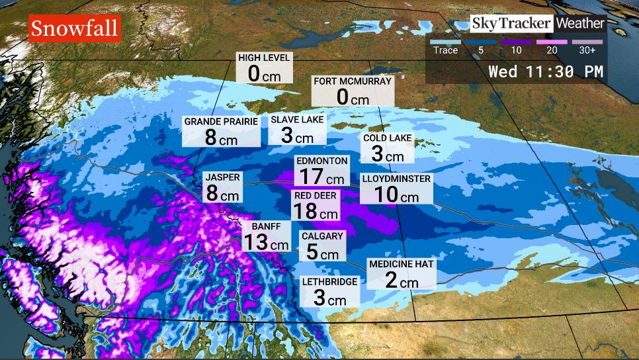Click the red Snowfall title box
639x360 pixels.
[75, 28]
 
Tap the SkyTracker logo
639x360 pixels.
[511, 24]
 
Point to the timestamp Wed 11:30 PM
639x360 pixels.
[546, 71]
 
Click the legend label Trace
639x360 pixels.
[445, 50]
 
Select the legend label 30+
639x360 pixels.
[587, 50]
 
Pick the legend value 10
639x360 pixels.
[517, 50]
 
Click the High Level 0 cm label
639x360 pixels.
[264, 67]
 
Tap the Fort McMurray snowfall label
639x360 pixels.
[352, 91]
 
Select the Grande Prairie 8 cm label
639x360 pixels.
[221, 130]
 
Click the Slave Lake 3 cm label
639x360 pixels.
[297, 129]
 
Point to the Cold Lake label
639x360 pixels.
[387, 148]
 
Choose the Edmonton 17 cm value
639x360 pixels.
[321, 171]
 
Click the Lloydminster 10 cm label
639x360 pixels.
[396, 189]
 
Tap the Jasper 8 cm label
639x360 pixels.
[222, 187]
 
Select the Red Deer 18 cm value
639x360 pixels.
[316, 206]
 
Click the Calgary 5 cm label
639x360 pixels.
[321, 246]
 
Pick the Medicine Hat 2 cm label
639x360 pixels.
[401, 273]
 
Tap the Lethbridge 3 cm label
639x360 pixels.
[329, 291]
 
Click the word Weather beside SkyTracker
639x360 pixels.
[580, 24]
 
